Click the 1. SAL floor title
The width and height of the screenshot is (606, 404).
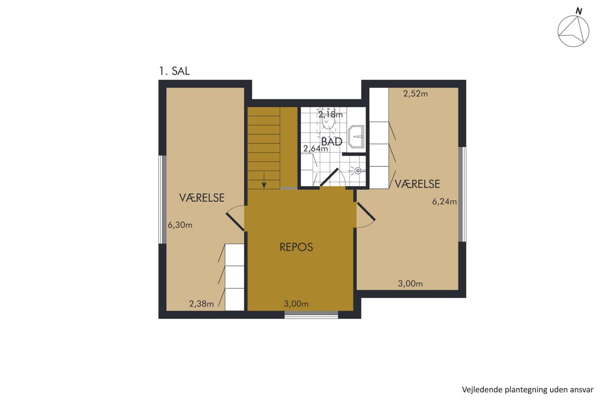[x=174, y=71]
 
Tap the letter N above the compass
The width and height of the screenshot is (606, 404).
[x=579, y=11]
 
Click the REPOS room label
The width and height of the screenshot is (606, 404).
[x=296, y=247]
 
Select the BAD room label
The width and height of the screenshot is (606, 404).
[x=332, y=142]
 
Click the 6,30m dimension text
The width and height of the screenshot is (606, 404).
[x=180, y=225]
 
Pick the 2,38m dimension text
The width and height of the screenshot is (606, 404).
[x=201, y=304]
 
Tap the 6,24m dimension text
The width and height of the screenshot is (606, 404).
[x=444, y=201]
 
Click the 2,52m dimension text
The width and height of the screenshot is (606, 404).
[x=416, y=94]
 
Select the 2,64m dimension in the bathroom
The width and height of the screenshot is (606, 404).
[x=316, y=148]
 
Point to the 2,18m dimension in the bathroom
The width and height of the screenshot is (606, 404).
[x=331, y=115]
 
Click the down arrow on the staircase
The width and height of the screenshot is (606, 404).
[x=264, y=180]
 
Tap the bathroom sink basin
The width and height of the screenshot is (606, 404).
[x=356, y=137]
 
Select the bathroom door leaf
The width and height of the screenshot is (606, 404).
[x=329, y=177]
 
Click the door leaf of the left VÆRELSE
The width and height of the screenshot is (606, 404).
[x=235, y=222]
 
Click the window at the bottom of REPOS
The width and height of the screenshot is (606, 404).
[x=311, y=315]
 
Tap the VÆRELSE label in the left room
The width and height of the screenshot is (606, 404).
[x=202, y=198]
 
